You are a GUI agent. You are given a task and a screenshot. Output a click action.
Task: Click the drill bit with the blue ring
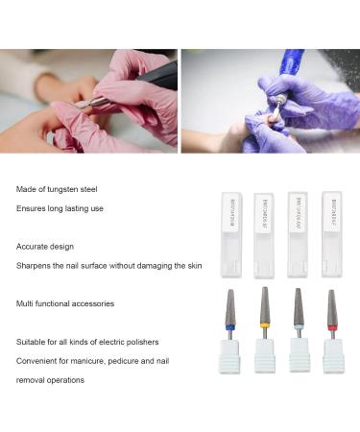click(x=230, y=310)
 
